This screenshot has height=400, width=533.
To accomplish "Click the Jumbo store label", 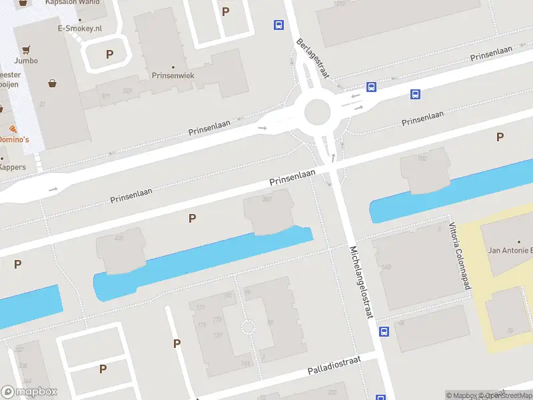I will tap(26, 61).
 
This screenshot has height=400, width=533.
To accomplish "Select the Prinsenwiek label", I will tap(173, 76).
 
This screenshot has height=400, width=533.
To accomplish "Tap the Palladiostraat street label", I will tap(334, 365).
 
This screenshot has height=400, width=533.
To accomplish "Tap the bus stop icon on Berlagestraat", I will tap(278, 25).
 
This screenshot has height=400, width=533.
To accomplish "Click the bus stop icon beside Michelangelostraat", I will tap(384, 331).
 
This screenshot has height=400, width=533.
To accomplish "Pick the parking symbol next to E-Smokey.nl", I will tap(109, 54).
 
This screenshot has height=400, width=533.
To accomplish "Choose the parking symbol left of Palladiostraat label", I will tap(177, 343).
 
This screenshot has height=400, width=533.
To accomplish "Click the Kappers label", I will tap(13, 167).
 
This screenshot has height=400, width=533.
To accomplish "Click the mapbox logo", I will tap(29, 392).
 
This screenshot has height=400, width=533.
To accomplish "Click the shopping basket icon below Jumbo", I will tap(52, 83).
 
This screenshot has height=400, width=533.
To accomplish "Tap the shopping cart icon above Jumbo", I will tap(26, 49).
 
